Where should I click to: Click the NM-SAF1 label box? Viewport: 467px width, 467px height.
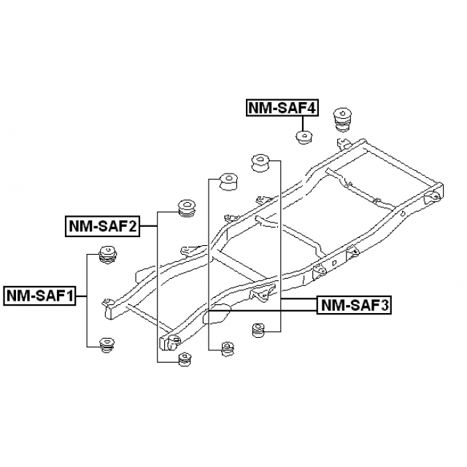pyautogui.click(x=39, y=296)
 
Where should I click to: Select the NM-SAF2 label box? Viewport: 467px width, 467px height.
pyautogui.click(x=102, y=227)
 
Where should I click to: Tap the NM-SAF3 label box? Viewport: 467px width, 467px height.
pyautogui.click(x=354, y=305)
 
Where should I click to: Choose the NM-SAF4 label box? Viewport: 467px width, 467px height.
pyautogui.click(x=282, y=108)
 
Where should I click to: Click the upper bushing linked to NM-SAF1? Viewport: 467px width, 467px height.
pyautogui.click(x=107, y=255)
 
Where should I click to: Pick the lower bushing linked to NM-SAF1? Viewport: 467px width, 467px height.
pyautogui.click(x=107, y=345)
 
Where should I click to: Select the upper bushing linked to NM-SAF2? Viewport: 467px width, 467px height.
pyautogui.click(x=187, y=209)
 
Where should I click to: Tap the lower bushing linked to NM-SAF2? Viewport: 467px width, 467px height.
pyautogui.click(x=185, y=360)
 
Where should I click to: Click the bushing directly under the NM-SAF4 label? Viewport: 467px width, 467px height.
pyautogui.click(x=304, y=137)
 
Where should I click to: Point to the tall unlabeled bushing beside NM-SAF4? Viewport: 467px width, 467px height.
pyautogui.click(x=342, y=120)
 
